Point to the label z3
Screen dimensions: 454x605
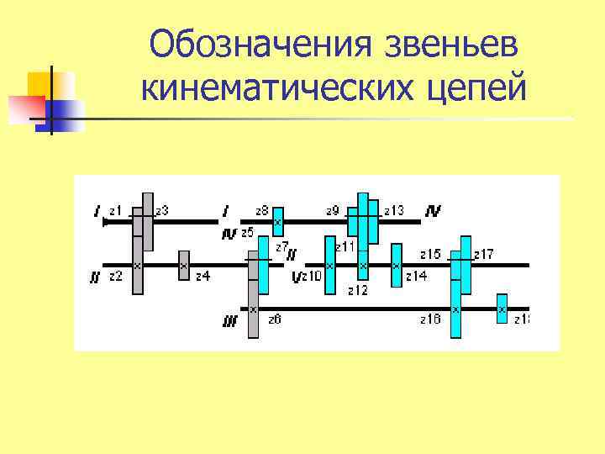pyautogui.click(x=161, y=210)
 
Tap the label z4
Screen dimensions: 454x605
pyautogui.click(x=203, y=275)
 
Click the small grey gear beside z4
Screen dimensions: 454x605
pyautogui.click(x=183, y=265)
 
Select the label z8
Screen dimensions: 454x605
pyautogui.click(x=261, y=210)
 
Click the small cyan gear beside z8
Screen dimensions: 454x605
pyautogui.click(x=278, y=221)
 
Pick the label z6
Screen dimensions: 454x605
pyautogui.click(x=274, y=319)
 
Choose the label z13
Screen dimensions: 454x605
pyautogui.click(x=393, y=210)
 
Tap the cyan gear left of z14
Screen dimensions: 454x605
pyautogui.click(x=396, y=265)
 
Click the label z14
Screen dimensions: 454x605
pyautogui.click(x=416, y=275)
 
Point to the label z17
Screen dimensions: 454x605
pyautogui.click(x=483, y=253)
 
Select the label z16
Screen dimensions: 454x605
pyautogui.click(x=430, y=319)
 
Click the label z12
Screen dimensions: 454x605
pyautogui.click(x=357, y=291)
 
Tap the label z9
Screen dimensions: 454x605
pyautogui.click(x=332, y=210)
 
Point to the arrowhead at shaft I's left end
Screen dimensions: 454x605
pyautogui.click(x=105, y=222)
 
